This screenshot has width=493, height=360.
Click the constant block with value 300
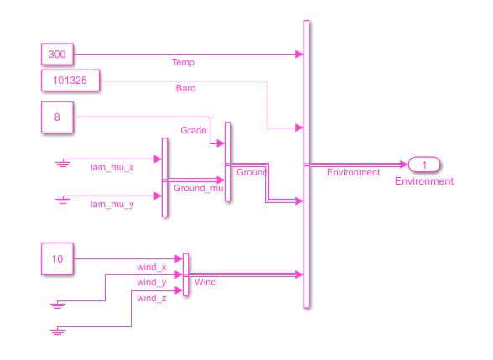57,54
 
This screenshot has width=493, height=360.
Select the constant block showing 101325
70,81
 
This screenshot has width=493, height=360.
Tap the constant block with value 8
57,117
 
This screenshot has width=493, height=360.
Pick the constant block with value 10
57,258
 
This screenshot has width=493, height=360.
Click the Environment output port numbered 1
424,164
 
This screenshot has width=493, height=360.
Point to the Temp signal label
183,62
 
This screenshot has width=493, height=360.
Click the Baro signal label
185,88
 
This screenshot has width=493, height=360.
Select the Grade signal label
194,130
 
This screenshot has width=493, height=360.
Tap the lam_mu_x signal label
112,167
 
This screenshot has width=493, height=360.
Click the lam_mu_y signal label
112,205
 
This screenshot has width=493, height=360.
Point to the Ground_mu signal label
199,188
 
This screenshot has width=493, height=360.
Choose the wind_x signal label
152,267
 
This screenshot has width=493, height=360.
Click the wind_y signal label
152,283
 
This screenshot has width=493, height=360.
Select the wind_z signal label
152,298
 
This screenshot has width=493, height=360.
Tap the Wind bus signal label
205,282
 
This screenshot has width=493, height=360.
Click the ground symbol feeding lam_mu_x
63,163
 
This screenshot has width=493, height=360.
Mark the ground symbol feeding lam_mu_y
63,200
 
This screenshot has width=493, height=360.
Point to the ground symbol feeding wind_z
58,331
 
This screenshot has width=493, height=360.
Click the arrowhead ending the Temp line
299,54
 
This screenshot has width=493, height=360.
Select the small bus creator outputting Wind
186,274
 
